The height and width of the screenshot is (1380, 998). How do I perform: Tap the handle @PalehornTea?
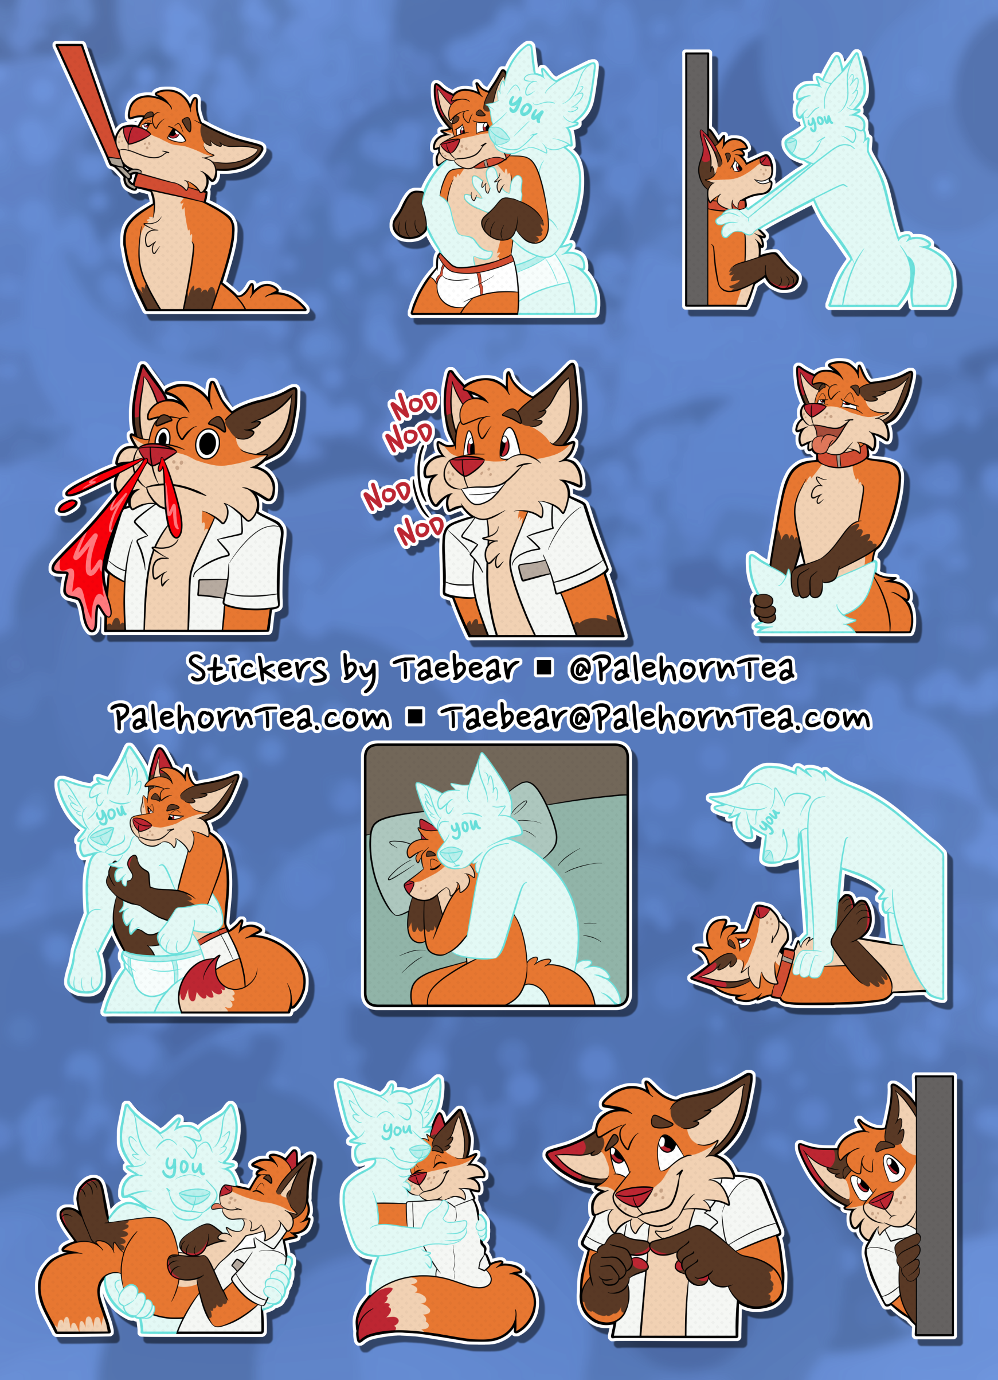pos(682,669)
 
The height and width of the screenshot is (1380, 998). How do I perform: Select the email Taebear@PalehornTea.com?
pos(657,718)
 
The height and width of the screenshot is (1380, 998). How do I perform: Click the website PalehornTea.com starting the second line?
pos(251,718)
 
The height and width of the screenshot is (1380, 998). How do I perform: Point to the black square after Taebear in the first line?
pos(543,668)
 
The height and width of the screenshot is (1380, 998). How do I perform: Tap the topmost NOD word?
pos(414,406)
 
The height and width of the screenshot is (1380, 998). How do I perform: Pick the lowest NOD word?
pos(420,531)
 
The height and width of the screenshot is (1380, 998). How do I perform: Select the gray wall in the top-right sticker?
pos(698,179)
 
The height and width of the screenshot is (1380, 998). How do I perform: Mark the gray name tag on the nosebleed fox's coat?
pos(213,588)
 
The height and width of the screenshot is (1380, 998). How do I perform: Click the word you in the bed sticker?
pos(467,827)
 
